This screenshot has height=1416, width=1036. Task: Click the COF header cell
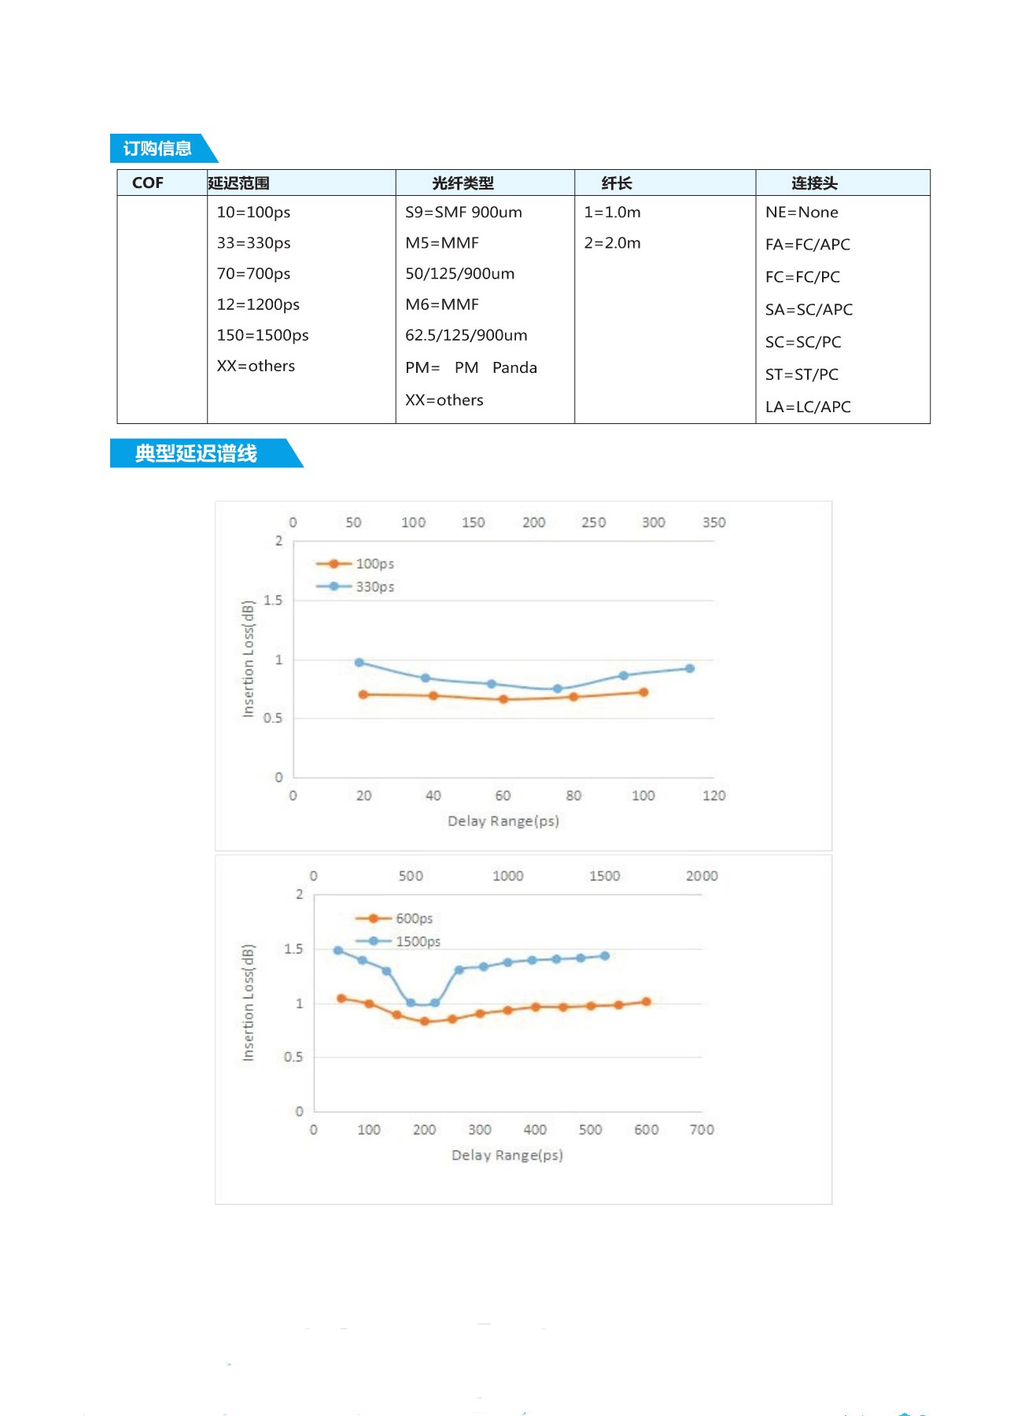tap(148, 183)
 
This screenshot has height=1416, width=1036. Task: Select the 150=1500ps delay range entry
tap(263, 335)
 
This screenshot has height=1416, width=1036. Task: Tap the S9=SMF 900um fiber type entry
tap(463, 212)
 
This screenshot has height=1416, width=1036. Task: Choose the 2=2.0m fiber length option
tap(612, 243)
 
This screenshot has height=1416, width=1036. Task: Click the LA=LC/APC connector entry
tap(808, 407)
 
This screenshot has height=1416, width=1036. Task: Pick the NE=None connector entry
tap(802, 212)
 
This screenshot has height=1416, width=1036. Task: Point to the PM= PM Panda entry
tap(471, 367)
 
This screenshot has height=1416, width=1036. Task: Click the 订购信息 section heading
tap(157, 149)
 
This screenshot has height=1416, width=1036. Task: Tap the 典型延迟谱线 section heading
tap(196, 453)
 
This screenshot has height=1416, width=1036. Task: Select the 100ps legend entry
tap(374, 564)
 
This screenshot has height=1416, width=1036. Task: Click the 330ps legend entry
tap(374, 587)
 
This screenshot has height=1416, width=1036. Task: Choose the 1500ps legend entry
tap(417, 942)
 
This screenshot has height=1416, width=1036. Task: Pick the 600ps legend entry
tap(413, 919)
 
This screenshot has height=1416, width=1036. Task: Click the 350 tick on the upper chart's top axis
tap(713, 522)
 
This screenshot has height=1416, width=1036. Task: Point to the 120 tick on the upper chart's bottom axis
tap(713, 795)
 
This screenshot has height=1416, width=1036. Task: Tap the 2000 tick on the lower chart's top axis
tap(701, 876)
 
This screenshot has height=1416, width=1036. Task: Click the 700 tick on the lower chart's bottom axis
tap(701, 1130)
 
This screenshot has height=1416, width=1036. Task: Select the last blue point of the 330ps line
tap(689, 669)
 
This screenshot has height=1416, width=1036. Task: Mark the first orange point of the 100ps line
tap(363, 695)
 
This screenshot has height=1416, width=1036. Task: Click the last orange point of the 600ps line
tap(646, 1001)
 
